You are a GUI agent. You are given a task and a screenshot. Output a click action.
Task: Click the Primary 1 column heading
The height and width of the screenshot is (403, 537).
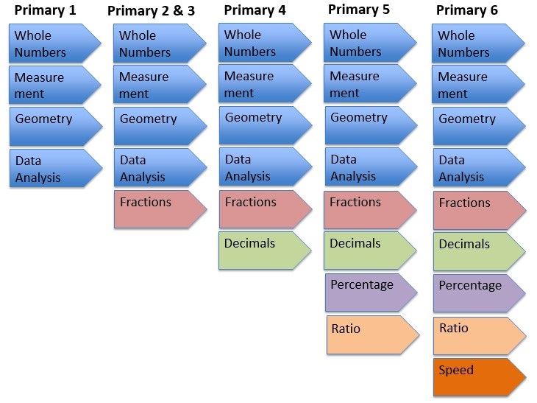click(x=45, y=10)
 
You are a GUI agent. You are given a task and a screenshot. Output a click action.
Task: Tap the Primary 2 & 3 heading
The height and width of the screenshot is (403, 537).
click(x=151, y=11)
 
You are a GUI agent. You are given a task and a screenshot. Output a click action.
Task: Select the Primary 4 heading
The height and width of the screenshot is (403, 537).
click(x=255, y=10)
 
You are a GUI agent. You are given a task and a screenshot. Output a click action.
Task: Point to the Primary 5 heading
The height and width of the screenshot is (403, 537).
click(x=359, y=10)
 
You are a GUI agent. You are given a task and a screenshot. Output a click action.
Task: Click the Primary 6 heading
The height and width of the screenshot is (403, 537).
click(x=467, y=10)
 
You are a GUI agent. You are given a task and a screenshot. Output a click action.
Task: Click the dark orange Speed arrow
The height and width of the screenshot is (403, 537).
click(x=480, y=377)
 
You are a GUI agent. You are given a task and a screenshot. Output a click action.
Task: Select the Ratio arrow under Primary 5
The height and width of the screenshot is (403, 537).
click(x=373, y=335)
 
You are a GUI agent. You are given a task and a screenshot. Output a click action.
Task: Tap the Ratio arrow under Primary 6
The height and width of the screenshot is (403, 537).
click(x=480, y=336)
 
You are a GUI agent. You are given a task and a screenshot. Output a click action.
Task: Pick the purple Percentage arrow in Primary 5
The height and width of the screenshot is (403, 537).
click(x=371, y=292)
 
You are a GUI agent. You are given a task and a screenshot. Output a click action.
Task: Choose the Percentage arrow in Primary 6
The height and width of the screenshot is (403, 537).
click(x=479, y=293)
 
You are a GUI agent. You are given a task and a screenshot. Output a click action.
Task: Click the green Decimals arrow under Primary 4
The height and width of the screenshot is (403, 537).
click(x=265, y=250)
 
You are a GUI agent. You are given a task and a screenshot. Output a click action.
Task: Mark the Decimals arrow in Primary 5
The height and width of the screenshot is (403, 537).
click(x=370, y=250)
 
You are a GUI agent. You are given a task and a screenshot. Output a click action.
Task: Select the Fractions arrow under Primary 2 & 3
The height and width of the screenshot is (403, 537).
click(x=160, y=209)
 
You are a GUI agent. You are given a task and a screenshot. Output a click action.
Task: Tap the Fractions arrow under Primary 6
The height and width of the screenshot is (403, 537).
click(x=480, y=210)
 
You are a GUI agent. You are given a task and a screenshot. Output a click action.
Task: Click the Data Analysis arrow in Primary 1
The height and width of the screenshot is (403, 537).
click(x=56, y=168)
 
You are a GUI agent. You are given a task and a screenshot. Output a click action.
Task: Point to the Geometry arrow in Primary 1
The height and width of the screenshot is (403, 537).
click(x=56, y=127)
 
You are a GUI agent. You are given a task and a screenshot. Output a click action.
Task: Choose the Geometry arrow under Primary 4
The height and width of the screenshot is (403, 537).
click(x=266, y=125)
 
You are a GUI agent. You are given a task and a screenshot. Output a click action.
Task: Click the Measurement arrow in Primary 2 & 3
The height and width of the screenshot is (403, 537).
click(x=160, y=85)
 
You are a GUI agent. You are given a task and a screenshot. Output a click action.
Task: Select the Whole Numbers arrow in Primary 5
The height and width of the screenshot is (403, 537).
click(x=370, y=43)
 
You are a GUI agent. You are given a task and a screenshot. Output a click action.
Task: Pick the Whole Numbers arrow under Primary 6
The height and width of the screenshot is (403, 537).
click(x=478, y=43)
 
